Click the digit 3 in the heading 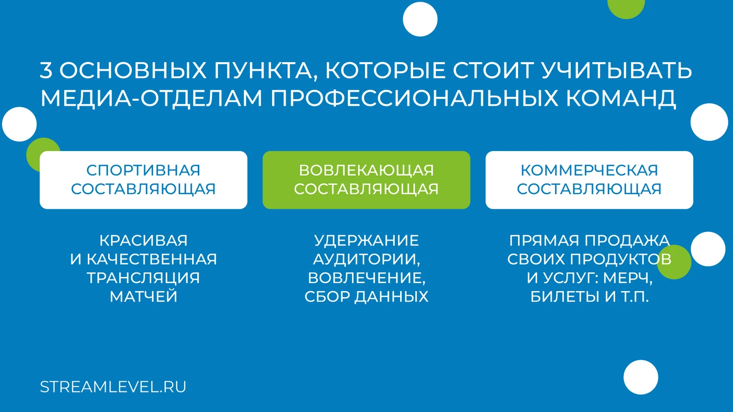(x=46, y=70)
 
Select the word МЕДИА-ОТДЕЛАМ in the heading (x=151, y=98)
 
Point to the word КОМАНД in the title (x=621, y=98)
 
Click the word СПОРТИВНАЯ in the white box (x=143, y=170)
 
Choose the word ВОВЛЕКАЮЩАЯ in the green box (x=366, y=170)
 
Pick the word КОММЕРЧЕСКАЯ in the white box (x=589, y=170)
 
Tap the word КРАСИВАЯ (x=143, y=241)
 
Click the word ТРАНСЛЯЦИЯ (x=143, y=278)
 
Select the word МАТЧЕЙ (x=143, y=296)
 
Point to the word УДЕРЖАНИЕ (x=366, y=241)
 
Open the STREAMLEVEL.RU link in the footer (x=113, y=387)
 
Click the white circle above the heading (x=420, y=19)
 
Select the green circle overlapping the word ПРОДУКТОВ (x=674, y=262)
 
